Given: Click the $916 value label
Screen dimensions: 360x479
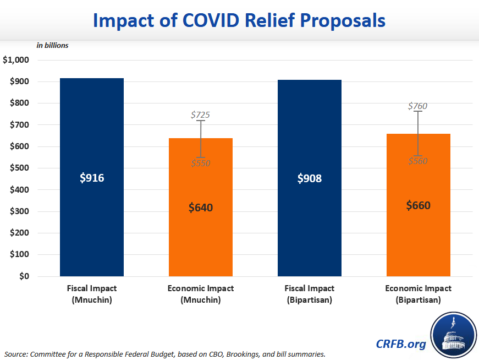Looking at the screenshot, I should coord(92,178).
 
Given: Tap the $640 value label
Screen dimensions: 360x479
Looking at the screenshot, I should coord(201,208).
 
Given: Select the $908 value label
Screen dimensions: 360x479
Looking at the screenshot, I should coord(310,178).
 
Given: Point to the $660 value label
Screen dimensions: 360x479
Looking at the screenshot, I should coord(419,205).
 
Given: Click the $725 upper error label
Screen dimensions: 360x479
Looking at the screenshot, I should coord(200,115).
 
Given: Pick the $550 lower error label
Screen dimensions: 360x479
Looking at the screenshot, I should coord(200,163).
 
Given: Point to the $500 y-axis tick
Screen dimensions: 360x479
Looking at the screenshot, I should coord(19,168).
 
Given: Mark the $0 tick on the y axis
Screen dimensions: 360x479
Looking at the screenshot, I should coord(24,276).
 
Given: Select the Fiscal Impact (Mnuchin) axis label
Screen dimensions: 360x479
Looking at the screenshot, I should coord(92,294).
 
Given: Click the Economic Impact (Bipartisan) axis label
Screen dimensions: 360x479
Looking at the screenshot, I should coord(419,294).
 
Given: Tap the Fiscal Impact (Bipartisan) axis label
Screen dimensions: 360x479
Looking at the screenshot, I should coord(310,294).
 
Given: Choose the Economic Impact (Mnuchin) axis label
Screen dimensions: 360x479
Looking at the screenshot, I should coord(201,294).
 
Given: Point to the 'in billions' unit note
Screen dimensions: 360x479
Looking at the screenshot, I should coord(52,46).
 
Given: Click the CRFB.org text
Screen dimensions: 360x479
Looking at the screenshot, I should coord(401,344).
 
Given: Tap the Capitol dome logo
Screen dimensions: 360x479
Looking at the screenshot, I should coord(454,335).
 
